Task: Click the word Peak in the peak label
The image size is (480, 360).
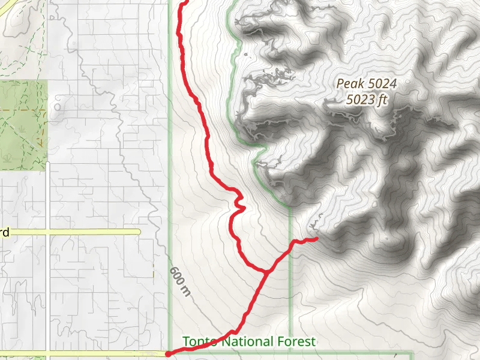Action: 349,84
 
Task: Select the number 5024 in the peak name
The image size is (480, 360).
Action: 382,84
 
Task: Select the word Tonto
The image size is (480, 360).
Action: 200,342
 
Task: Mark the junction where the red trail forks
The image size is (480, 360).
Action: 265,272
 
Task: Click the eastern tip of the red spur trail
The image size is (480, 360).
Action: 316,239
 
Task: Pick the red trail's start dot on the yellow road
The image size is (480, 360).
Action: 167,354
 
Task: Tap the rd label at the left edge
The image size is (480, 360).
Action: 5,232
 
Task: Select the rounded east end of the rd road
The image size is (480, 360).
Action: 138,232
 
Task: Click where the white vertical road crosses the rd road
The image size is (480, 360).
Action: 48,232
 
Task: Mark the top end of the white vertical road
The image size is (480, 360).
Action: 48,163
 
